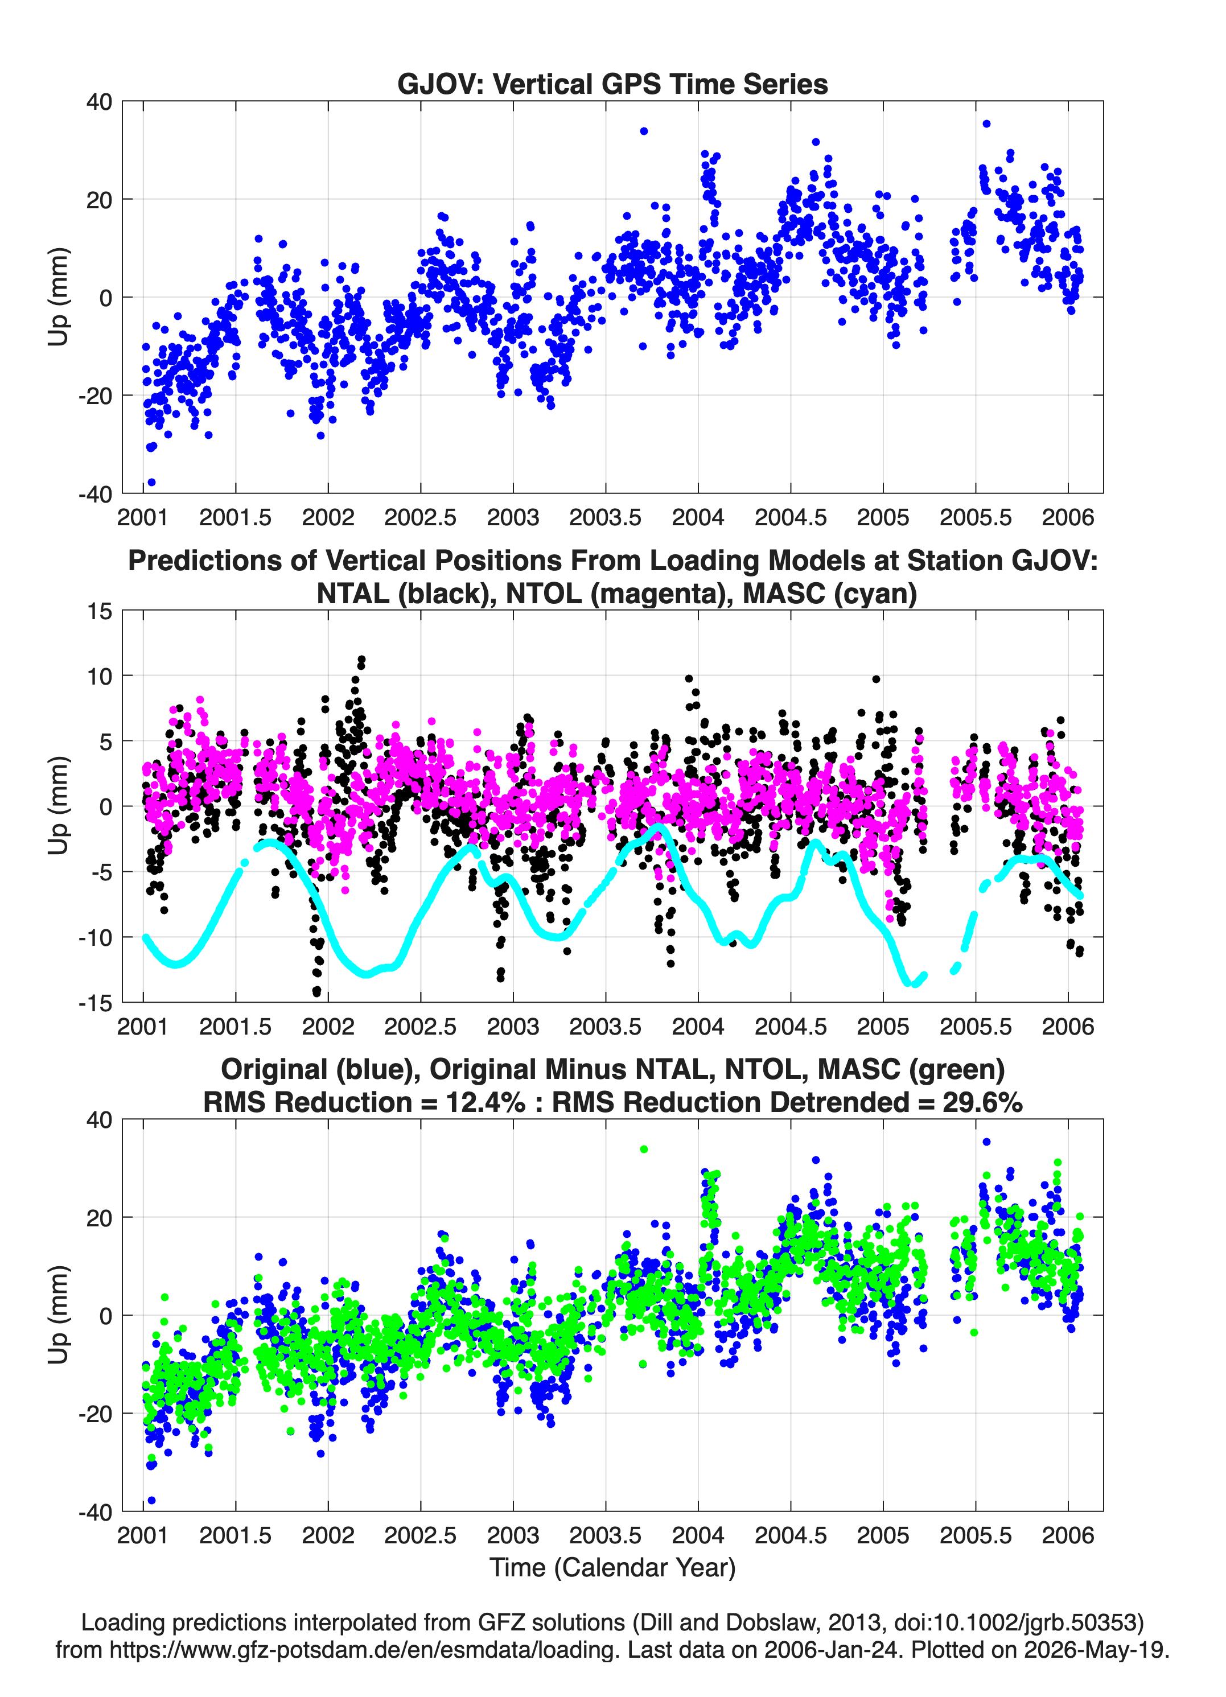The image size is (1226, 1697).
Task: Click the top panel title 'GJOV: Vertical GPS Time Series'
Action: coord(612,84)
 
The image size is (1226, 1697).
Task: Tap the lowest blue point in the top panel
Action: coord(152,483)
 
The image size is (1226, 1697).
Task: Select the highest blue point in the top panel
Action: coord(986,124)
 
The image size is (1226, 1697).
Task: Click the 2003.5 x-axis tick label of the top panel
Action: coord(605,517)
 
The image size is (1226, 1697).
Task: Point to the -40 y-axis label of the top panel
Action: coord(95,494)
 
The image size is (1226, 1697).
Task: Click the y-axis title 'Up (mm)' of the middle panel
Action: coord(59,806)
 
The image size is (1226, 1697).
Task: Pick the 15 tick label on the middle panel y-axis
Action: coord(100,611)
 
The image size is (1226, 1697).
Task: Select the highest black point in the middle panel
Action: coord(361,660)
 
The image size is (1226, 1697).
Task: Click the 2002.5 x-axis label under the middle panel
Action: coord(420,1026)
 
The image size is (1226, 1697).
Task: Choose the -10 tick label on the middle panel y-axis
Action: coord(95,937)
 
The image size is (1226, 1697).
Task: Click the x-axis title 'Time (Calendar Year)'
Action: coord(612,1568)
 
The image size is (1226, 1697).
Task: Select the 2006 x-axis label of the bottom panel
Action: coord(1068,1535)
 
